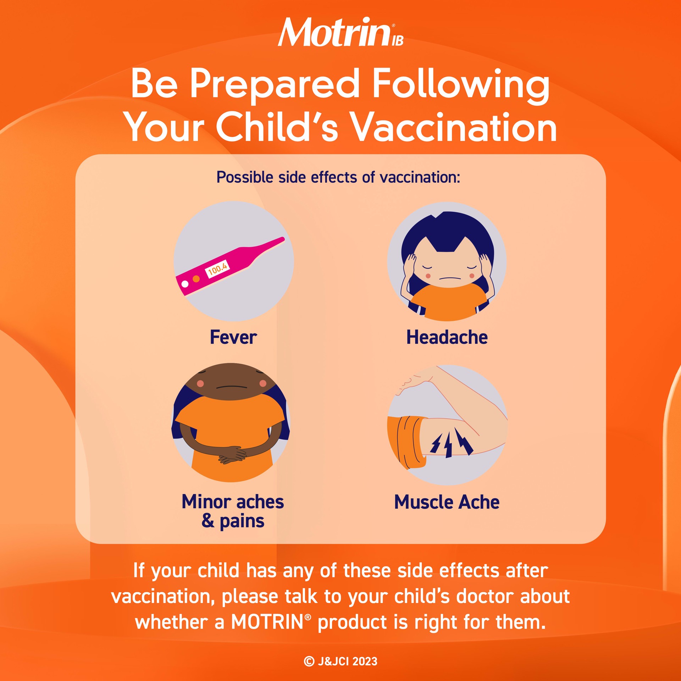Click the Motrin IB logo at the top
point(340,33)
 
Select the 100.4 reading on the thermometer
point(218,268)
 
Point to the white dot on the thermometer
point(185,284)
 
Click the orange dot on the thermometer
point(196,279)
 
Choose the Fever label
point(233,337)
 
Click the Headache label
point(447,337)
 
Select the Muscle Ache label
point(447,502)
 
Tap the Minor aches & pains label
point(233,511)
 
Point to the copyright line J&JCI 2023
point(340,661)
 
